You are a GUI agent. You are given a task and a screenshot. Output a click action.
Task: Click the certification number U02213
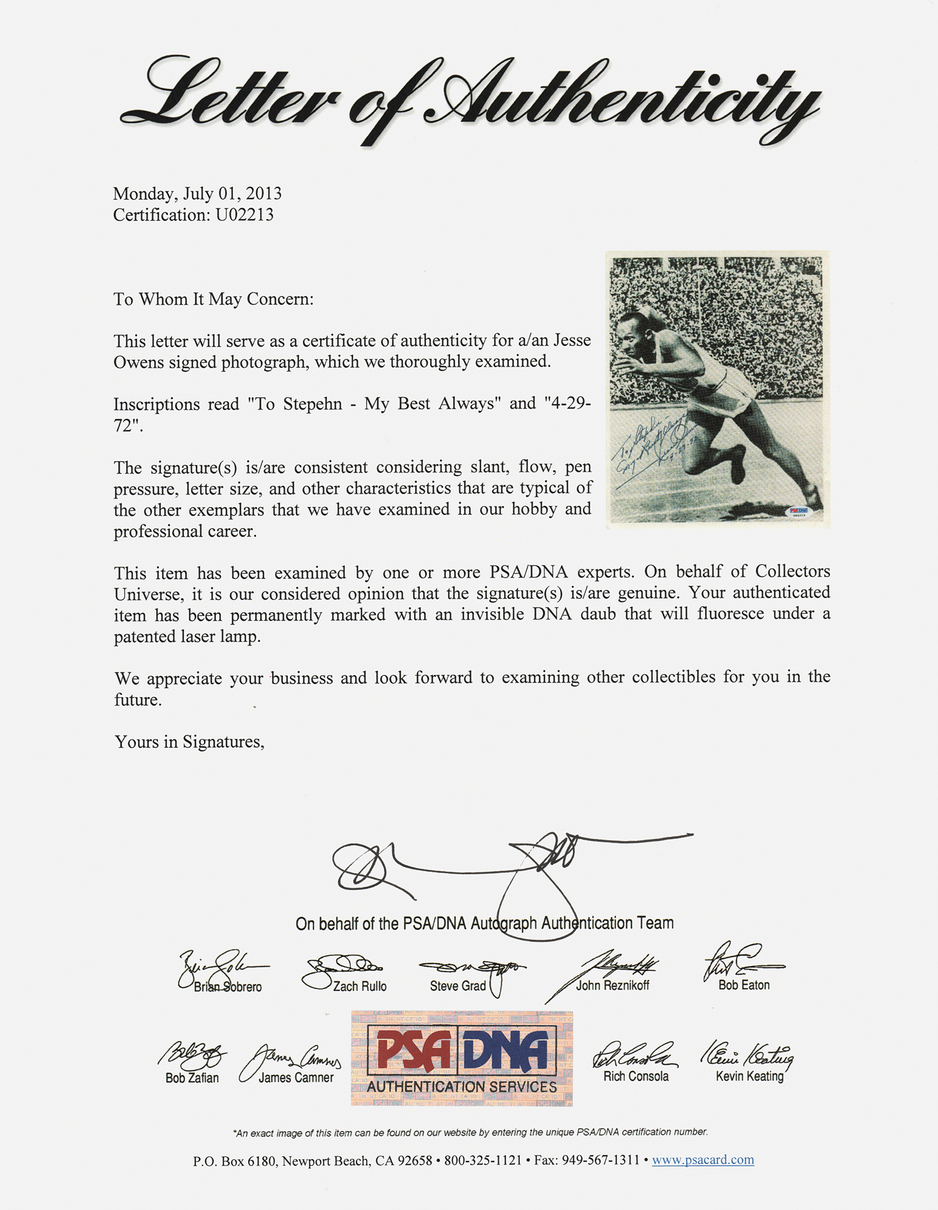(244, 215)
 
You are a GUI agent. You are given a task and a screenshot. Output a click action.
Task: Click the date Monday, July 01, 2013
(197, 194)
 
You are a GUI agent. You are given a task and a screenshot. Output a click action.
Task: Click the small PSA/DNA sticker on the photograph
(798, 511)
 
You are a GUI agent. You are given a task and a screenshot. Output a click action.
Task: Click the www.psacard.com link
(703, 1160)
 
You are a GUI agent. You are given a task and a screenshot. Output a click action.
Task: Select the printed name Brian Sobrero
(228, 987)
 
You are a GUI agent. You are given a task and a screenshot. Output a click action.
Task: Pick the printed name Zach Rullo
(359, 986)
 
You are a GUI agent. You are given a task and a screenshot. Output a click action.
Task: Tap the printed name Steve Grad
(458, 986)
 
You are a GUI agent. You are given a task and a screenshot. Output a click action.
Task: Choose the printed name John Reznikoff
(612, 986)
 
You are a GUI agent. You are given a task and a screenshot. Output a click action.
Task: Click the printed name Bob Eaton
(744, 985)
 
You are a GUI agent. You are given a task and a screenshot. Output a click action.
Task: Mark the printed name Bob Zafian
(192, 1078)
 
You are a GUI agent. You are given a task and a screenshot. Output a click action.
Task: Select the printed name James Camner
(296, 1078)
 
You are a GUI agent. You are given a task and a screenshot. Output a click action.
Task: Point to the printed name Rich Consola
(635, 1076)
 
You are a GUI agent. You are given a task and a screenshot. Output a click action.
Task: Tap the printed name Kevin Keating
(749, 1076)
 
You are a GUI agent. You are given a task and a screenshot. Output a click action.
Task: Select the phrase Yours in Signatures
(189, 742)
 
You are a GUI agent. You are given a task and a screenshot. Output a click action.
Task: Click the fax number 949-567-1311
(600, 1160)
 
